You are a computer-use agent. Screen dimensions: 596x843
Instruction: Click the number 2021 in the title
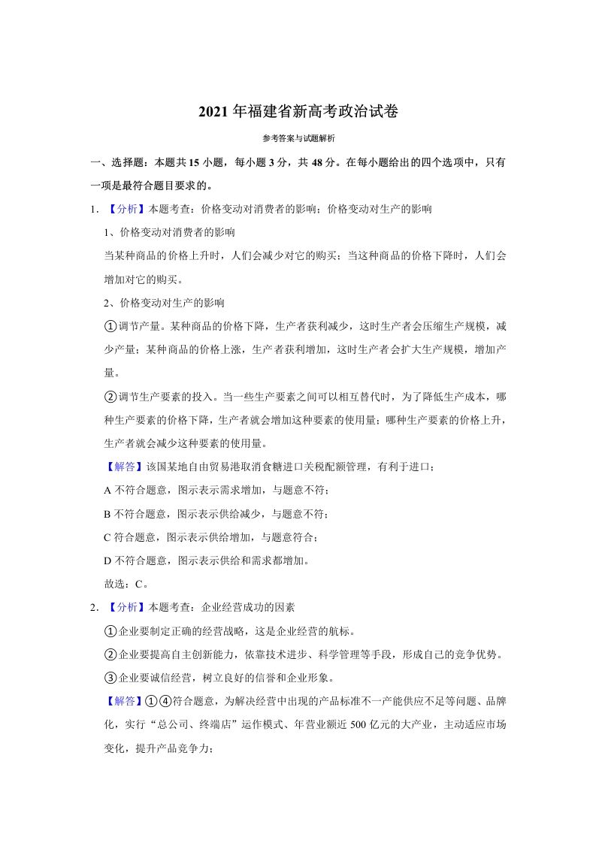(x=214, y=112)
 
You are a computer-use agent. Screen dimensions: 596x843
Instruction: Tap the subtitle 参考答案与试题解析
(x=298, y=139)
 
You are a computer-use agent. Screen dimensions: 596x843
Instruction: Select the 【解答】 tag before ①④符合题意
(x=123, y=701)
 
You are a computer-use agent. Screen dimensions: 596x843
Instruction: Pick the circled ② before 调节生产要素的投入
(x=109, y=396)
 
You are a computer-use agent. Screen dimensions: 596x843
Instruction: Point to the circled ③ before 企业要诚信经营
(x=109, y=677)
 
